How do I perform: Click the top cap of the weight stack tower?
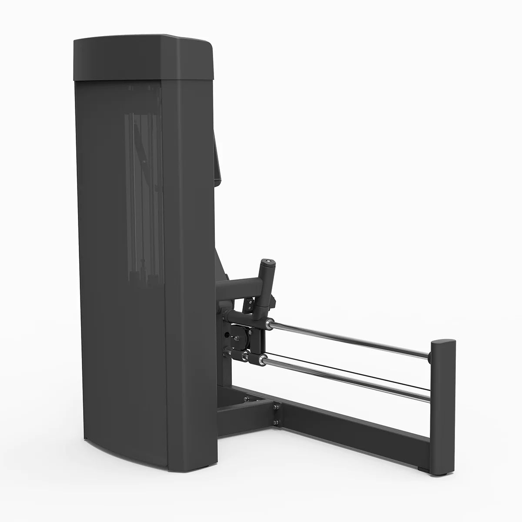click(144, 57)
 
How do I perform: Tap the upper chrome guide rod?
click(348, 339)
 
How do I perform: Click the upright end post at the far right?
click(443, 405)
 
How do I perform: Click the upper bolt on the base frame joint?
click(276, 408)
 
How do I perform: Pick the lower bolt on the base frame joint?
click(276, 422)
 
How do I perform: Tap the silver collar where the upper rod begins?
click(270, 323)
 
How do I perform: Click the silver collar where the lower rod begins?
click(263, 359)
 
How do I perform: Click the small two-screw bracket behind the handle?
click(249, 304)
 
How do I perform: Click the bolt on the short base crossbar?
click(247, 398)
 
